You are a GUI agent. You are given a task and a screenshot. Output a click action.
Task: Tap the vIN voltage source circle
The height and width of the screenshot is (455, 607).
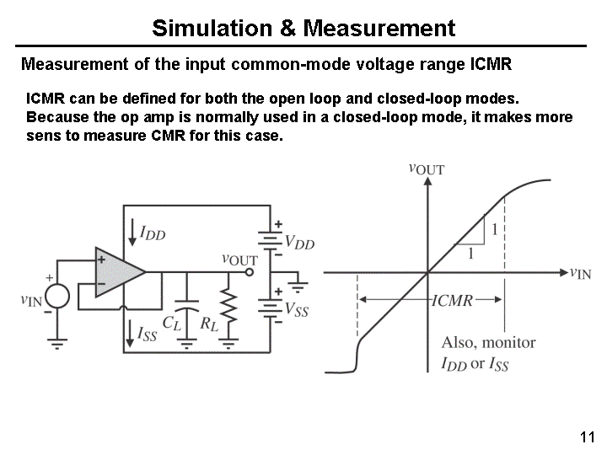[x=57, y=297]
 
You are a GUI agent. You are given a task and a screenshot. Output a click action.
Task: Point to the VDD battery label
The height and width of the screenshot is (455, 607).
[x=299, y=243]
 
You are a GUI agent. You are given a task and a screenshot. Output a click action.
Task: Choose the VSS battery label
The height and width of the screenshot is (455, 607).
[x=297, y=309]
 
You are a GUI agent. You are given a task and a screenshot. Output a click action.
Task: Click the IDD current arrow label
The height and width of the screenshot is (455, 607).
[x=153, y=233]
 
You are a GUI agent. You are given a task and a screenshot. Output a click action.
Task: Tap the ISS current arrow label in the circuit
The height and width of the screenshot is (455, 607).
[x=148, y=334]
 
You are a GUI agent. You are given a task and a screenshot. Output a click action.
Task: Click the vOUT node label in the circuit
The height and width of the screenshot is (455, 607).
[x=239, y=260]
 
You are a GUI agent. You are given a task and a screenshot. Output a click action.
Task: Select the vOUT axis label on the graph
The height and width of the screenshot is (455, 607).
[x=426, y=169]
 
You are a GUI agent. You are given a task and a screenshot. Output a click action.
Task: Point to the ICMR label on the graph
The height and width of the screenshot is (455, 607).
[x=452, y=300]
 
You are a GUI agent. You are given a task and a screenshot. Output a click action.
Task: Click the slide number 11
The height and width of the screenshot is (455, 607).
[x=588, y=436]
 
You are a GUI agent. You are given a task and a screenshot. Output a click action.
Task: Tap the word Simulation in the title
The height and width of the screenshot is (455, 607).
[x=212, y=28]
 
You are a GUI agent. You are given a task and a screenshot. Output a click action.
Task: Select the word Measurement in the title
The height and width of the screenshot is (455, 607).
[x=379, y=28]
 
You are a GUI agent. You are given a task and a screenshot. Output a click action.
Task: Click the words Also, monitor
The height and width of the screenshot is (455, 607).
[x=488, y=342]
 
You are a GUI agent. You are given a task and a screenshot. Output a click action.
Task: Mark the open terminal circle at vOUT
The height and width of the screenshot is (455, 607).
[x=250, y=272]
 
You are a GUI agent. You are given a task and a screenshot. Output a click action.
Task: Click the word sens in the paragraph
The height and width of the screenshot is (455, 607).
[x=42, y=135]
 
